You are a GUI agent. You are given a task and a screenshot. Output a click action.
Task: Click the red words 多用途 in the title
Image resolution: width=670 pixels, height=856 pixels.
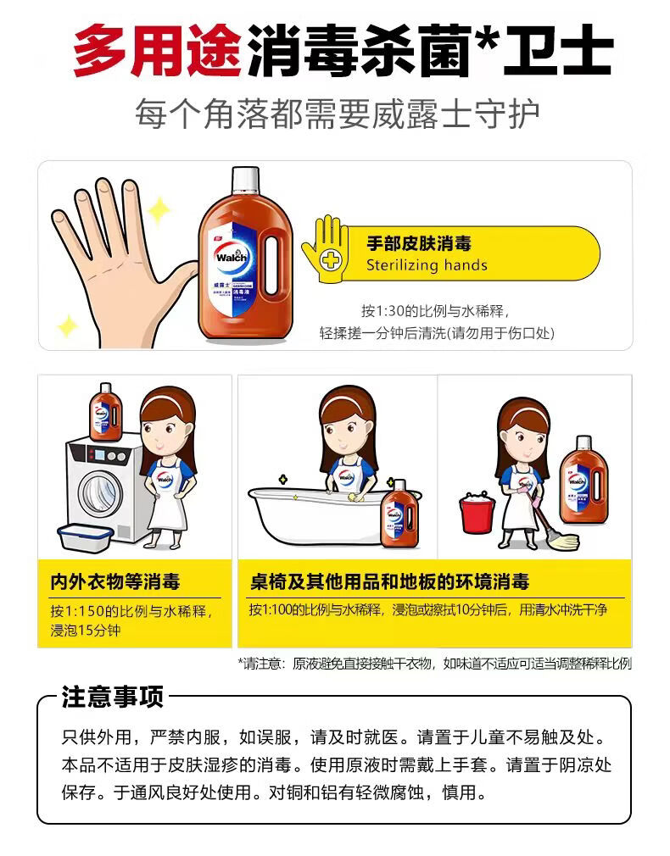click(x=158, y=51)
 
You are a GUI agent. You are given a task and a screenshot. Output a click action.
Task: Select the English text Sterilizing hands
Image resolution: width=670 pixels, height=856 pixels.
click(x=427, y=265)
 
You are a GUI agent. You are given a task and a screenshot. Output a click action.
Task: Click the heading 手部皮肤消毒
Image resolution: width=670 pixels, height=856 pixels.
click(x=419, y=243)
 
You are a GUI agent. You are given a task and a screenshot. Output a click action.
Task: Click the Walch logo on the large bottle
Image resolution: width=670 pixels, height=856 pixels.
click(x=232, y=257)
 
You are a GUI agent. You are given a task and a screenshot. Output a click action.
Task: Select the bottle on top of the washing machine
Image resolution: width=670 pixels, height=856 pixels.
click(x=106, y=412)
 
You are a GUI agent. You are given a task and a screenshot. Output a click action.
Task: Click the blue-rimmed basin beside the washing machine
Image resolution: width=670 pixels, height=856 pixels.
click(x=85, y=536)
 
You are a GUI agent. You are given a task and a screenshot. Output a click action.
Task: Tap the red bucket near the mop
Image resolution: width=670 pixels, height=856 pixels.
click(x=477, y=513)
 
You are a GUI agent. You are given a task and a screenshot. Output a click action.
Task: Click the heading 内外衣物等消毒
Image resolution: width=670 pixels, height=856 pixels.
click(x=115, y=582)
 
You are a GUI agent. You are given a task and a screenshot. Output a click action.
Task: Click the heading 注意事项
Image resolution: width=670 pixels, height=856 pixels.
click(x=113, y=698)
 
